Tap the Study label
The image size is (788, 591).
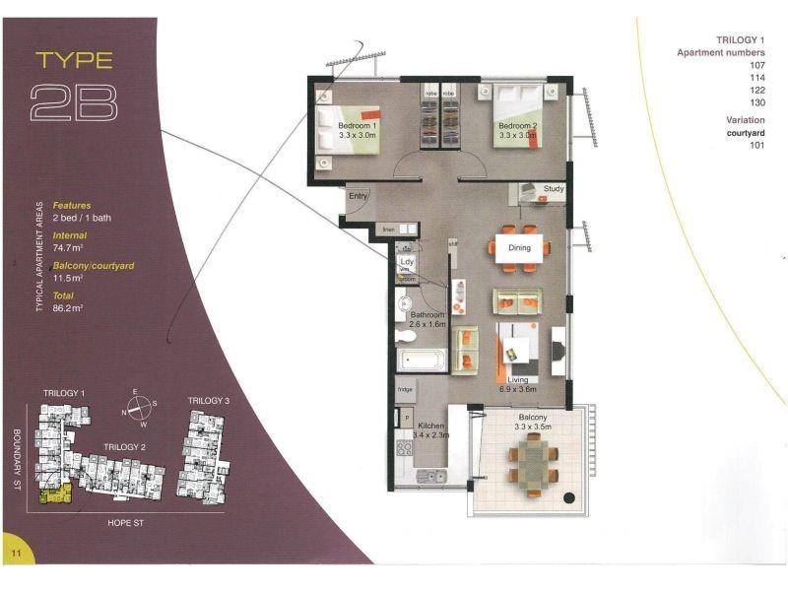(x=553, y=188)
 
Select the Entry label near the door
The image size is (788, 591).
(x=358, y=197)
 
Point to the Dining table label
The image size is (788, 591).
(x=519, y=248)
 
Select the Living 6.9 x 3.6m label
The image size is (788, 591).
(x=517, y=385)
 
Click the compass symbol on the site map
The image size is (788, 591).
(x=140, y=404)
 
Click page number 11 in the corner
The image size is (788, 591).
(x=17, y=555)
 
